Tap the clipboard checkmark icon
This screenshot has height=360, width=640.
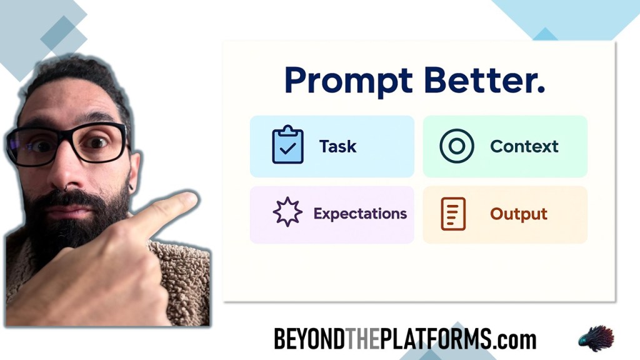tap(287, 144)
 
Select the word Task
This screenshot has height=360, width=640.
tap(337, 146)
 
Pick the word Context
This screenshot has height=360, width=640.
tap(524, 146)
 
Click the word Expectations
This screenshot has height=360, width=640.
tap(360, 214)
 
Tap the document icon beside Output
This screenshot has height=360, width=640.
tap(453, 214)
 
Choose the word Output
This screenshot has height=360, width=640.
tap(518, 214)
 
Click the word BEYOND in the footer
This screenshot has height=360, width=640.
tap(309, 339)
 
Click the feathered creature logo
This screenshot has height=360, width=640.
tap(596, 338)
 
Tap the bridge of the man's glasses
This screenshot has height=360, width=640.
tap(65, 137)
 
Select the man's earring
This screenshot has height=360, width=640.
tap(131, 187)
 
